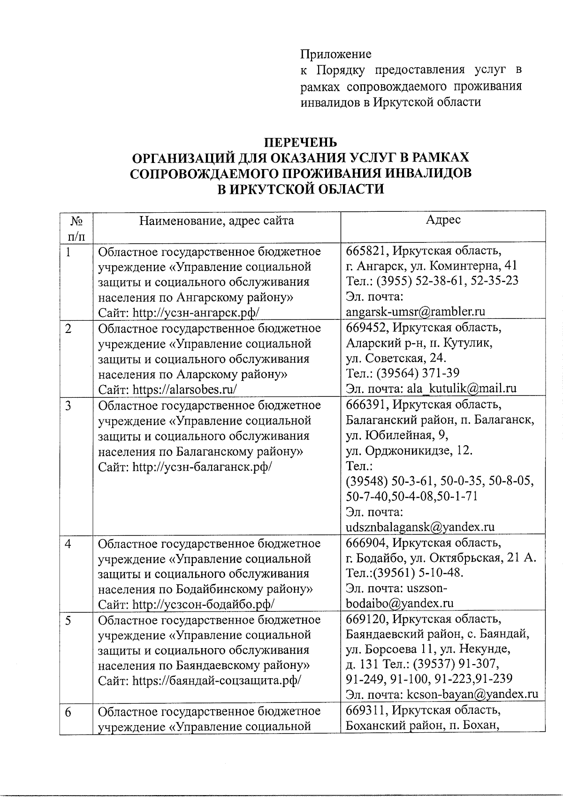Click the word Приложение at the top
[x=335, y=54]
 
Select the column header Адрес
[x=442, y=220]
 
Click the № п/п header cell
[x=76, y=227]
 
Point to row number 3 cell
[x=68, y=405]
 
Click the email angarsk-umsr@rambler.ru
[x=415, y=311]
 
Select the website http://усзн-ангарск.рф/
[x=196, y=312]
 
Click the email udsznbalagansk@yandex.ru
[x=420, y=527]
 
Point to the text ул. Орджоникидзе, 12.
[x=409, y=451]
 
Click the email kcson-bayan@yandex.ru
[x=472, y=694]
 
